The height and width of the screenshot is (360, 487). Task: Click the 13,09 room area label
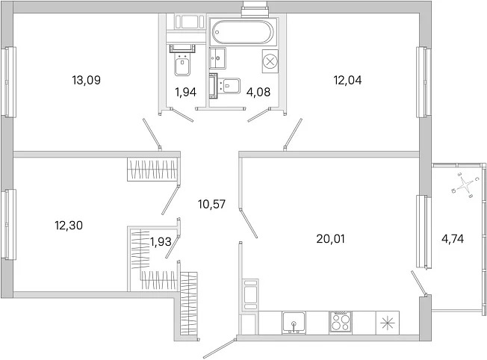tap(87, 80)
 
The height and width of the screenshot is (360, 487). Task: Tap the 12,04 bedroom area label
tap(347, 80)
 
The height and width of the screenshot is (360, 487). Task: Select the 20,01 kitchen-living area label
tap(330, 239)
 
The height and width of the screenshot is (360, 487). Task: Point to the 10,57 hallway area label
tap(211, 204)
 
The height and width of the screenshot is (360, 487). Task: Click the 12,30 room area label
tap(69, 226)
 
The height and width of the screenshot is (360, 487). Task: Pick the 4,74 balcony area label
tap(453, 239)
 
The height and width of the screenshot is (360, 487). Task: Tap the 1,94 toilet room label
tap(186, 92)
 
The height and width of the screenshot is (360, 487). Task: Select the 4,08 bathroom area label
tap(258, 92)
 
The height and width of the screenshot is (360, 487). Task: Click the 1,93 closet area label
tap(161, 241)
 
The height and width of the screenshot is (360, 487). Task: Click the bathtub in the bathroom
tap(243, 31)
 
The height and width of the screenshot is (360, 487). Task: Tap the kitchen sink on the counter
tap(294, 323)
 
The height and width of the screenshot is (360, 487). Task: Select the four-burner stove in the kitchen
tap(341, 322)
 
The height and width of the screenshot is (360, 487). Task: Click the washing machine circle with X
tap(270, 61)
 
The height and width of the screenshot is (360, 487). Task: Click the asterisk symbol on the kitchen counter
tap(388, 323)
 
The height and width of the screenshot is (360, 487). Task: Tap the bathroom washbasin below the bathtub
tap(217, 58)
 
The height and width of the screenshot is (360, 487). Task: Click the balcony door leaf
tap(419, 282)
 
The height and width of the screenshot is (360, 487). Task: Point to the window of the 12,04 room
tap(424, 82)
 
